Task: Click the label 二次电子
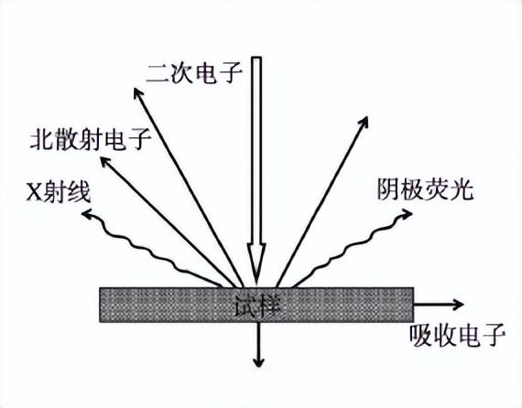(194, 73)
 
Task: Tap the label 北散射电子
(91, 139)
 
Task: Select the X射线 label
(59, 192)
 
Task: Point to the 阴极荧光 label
(425, 189)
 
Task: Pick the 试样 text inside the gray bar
(256, 305)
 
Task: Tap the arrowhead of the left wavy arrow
(86, 214)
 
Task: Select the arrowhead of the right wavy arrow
(408, 214)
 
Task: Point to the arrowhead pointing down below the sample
(258, 363)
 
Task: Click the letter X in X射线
(34, 193)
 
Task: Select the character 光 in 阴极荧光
(462, 189)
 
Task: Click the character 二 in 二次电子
(158, 74)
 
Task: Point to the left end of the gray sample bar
(100, 305)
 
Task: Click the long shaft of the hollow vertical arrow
(256, 150)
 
